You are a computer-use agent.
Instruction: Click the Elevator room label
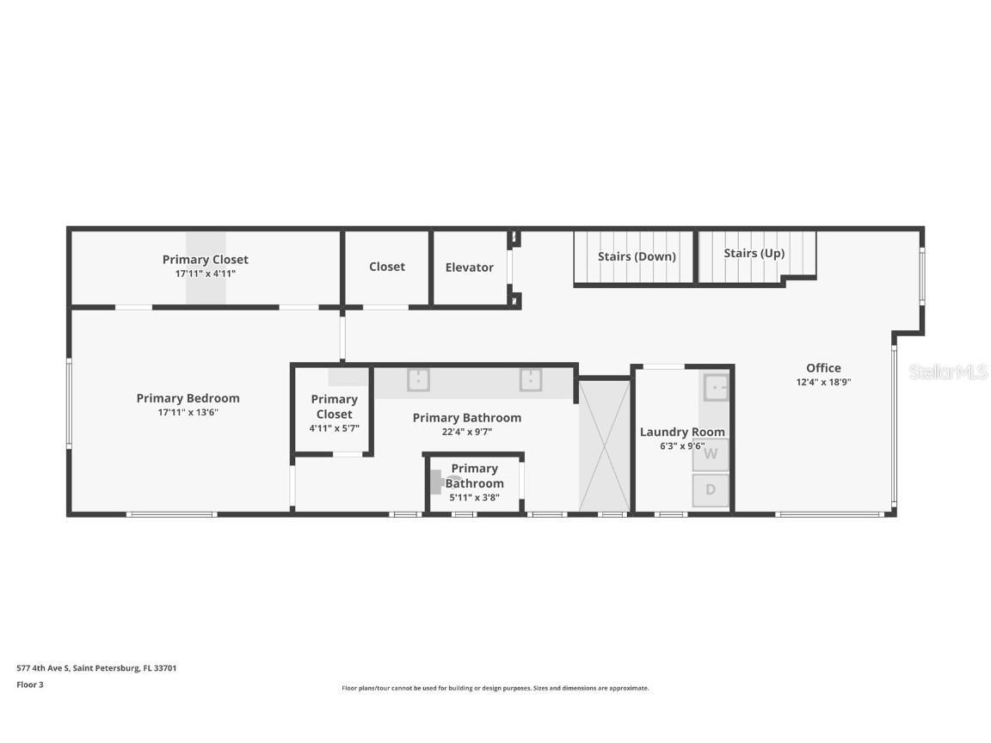point(469,267)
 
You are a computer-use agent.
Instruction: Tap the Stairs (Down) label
point(637,256)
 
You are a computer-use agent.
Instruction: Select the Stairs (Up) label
point(754,253)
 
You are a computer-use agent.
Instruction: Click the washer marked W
point(711,454)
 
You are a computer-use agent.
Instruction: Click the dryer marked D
point(711,490)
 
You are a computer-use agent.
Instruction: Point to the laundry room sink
point(716,387)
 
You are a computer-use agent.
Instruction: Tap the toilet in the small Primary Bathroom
point(449,482)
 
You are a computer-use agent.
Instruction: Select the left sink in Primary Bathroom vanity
point(418,379)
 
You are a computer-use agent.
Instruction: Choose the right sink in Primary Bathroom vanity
point(531,379)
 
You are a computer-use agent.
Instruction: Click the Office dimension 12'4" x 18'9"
point(823,383)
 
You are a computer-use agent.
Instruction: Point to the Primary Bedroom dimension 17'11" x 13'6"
point(188,412)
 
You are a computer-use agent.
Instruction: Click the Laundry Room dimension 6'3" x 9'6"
point(682,445)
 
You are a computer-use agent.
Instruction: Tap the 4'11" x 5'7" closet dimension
point(334,428)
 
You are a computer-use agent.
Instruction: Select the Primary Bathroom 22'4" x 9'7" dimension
point(467,432)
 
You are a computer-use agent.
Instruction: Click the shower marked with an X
point(604,446)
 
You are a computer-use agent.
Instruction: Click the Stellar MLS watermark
point(948,371)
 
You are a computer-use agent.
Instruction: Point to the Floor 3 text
point(30,685)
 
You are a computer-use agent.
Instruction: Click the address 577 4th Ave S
point(96,667)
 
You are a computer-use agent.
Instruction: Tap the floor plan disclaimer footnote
point(495,688)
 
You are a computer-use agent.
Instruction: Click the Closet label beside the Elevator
point(387,267)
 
